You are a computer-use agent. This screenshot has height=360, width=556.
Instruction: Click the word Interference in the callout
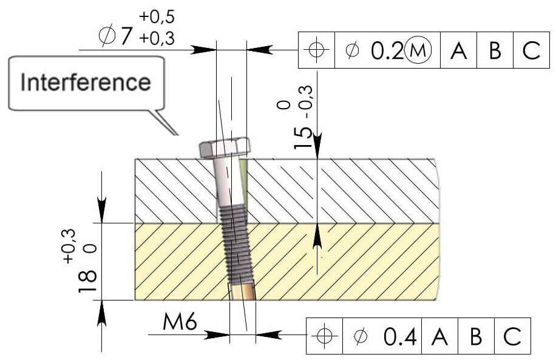click(86, 83)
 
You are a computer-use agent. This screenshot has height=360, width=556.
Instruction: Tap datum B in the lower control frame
click(476, 335)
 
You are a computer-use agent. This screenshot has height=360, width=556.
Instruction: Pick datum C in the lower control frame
click(512, 335)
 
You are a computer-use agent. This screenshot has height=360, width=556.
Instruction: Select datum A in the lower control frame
click(441, 335)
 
